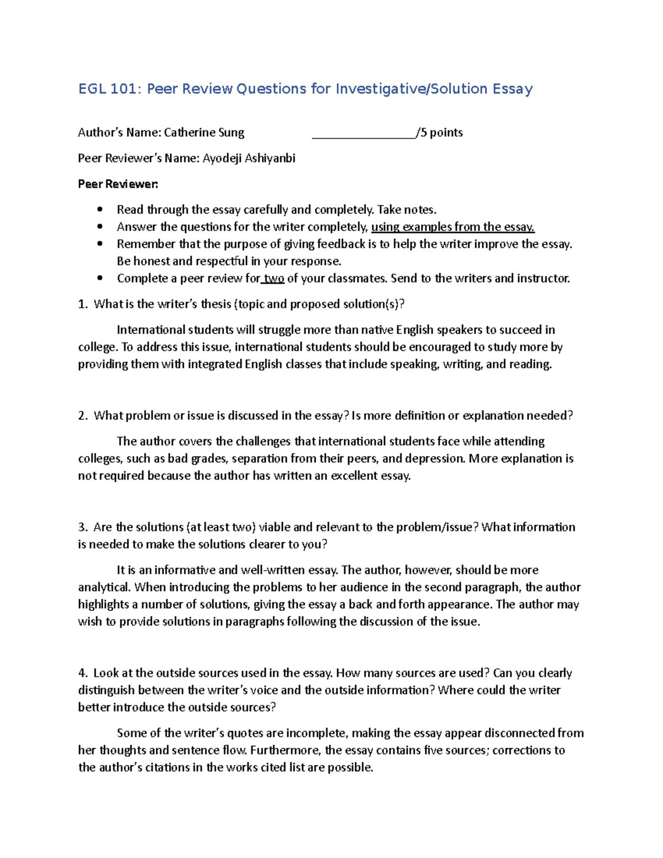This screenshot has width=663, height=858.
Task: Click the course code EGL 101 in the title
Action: pos(110,89)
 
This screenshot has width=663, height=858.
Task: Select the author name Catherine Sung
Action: pos(204,133)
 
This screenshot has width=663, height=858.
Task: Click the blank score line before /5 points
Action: pos(364,133)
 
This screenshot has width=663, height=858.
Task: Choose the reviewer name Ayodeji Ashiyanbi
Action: pos(249,159)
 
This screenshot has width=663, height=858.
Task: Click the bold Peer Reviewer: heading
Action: pos(118,184)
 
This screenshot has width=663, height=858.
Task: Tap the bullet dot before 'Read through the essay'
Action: pos(99,209)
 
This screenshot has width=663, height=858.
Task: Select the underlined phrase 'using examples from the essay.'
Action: pos(452,227)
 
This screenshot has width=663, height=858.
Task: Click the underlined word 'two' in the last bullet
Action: pos(274,278)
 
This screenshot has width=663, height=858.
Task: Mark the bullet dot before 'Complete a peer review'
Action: pos(99,278)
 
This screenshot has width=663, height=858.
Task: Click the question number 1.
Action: pos(82,304)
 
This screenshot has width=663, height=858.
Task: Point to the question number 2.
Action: pos(82,415)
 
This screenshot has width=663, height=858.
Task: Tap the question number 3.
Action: pos(82,527)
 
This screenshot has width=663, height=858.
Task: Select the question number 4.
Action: pos(82,673)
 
